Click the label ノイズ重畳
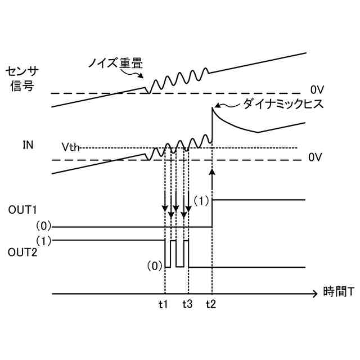coord(115,62)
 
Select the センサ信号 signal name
coord(22,78)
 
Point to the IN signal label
coord(28,145)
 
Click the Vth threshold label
coord(70,147)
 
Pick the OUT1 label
coord(22,210)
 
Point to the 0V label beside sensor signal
coord(317,89)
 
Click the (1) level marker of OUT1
coord(201,200)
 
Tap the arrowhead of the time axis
coord(314,294)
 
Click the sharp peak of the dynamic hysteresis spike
coord(213,107)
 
